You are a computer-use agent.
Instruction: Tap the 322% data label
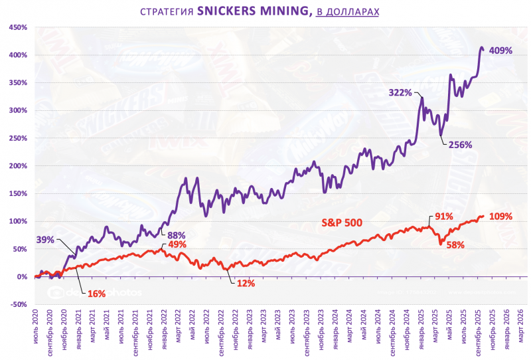point(400,94)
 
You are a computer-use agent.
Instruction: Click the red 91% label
point(443,217)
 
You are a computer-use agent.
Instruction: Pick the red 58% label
point(455,245)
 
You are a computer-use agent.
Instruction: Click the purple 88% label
point(176,235)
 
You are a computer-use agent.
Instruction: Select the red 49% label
point(176,245)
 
